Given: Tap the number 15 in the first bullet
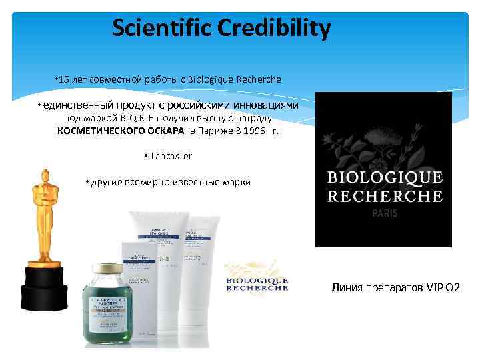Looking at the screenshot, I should click(x=63, y=79).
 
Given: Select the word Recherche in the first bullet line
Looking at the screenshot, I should click(x=259, y=79).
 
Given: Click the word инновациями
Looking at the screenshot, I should click(x=263, y=105).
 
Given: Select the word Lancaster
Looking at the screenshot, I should click(x=171, y=156).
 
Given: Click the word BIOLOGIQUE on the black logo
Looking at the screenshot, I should click(x=383, y=178).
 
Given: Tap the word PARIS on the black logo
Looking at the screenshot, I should click(x=383, y=215).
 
